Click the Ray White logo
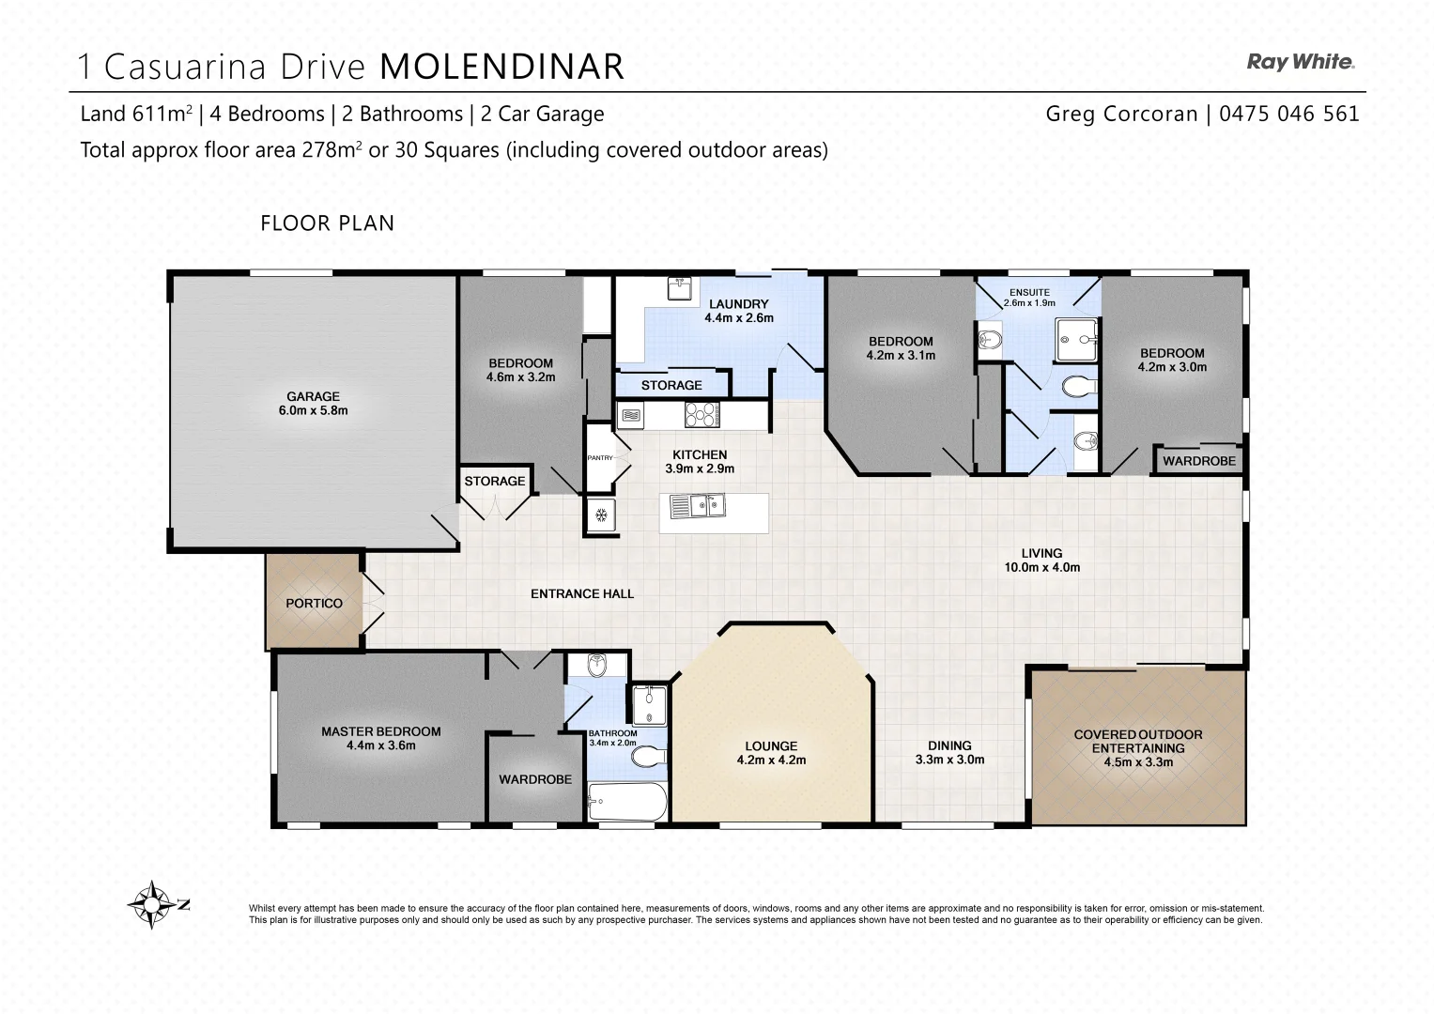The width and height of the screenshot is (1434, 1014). click(x=1300, y=62)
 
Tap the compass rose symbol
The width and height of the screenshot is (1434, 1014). click(x=150, y=904)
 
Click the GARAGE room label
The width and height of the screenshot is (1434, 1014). click(x=313, y=396)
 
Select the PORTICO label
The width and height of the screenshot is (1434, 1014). click(x=314, y=603)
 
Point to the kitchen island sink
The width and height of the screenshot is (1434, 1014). click(x=697, y=507)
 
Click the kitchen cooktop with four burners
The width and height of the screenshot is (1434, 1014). click(x=700, y=414)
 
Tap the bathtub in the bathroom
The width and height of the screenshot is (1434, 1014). click(x=626, y=803)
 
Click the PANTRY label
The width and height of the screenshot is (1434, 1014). click(x=599, y=458)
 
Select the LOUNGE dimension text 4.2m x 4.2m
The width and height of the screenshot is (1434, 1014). click(x=771, y=760)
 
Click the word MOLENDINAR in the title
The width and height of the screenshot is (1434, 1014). click(x=501, y=67)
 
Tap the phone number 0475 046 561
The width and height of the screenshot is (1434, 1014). click(x=1288, y=114)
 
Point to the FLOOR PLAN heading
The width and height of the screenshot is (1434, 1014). click(x=327, y=223)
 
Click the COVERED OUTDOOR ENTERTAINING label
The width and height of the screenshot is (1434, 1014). click(x=1137, y=742)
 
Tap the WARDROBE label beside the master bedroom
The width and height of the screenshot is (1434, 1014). click(x=534, y=779)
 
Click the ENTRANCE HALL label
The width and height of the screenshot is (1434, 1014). click(x=581, y=593)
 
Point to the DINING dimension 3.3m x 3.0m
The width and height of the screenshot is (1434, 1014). click(x=949, y=760)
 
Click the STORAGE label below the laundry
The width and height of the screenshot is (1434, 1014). click(x=671, y=385)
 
